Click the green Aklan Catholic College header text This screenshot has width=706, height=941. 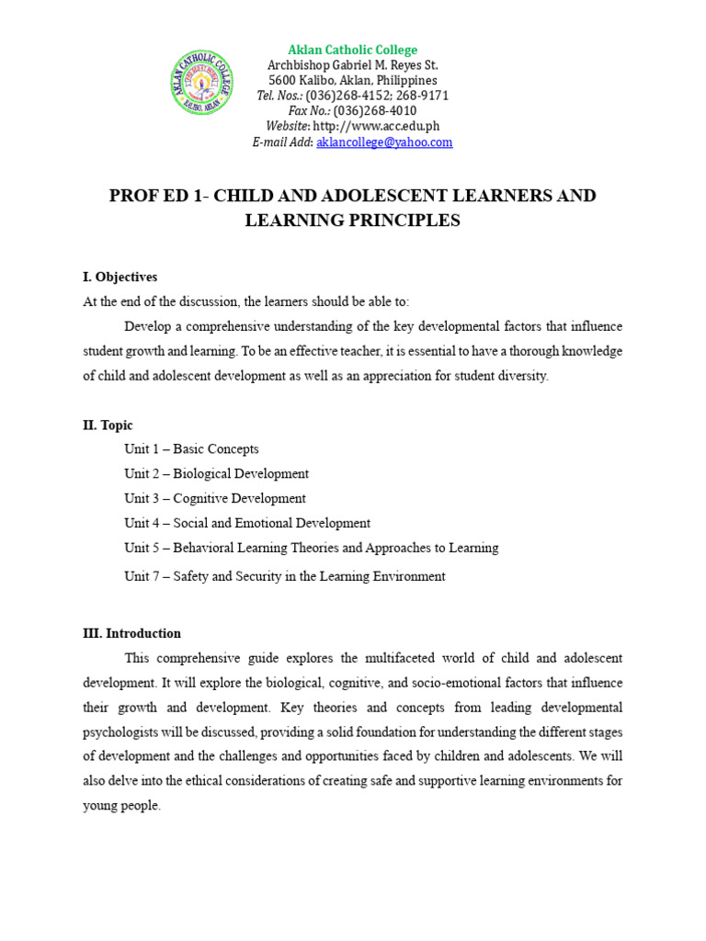pyautogui.click(x=353, y=50)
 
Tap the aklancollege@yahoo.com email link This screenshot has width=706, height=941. pyautogui.click(x=384, y=142)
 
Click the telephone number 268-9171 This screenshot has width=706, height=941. pyautogui.click(x=424, y=96)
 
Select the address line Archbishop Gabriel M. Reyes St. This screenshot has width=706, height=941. pyautogui.click(x=353, y=65)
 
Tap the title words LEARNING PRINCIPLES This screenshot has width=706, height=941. pyautogui.click(x=352, y=221)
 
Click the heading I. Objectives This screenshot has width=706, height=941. pyautogui.click(x=120, y=277)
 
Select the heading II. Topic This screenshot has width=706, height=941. pyautogui.click(x=108, y=425)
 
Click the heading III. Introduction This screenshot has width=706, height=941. pyautogui.click(x=131, y=633)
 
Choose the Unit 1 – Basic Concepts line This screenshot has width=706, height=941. pyautogui.click(x=191, y=449)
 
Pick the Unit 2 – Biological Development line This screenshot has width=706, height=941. pyautogui.click(x=216, y=474)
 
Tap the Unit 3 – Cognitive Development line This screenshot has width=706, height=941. pyautogui.click(x=215, y=499)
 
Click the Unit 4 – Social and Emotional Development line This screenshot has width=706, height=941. pyautogui.click(x=247, y=523)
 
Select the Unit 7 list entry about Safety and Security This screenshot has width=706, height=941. pyautogui.click(x=285, y=576)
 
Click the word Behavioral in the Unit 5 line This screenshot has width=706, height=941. pyautogui.click(x=204, y=548)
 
